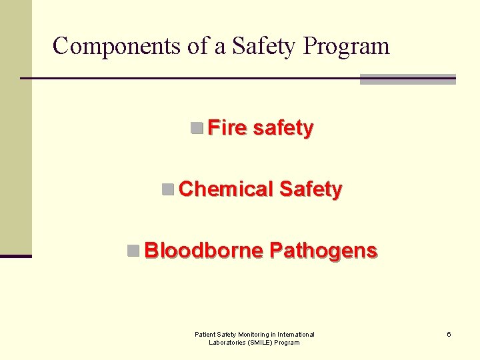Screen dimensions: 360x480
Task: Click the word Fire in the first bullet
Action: coord(227,127)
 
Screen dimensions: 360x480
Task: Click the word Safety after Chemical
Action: coord(311,189)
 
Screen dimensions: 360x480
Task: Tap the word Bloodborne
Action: coord(203,251)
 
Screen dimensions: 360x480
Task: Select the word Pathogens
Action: coord(323,251)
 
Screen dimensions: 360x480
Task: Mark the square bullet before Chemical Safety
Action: coord(168,189)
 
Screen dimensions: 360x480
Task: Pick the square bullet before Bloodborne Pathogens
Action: coord(133,251)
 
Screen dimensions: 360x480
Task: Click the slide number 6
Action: coord(449,334)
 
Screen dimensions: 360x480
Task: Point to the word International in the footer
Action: coord(294,334)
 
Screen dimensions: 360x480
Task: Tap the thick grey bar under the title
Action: coord(407,79)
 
